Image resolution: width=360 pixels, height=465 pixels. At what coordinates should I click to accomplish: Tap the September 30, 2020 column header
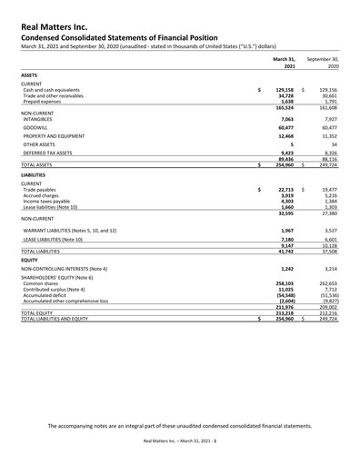[322, 62]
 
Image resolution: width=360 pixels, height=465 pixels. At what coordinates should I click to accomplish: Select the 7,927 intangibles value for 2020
[330, 118]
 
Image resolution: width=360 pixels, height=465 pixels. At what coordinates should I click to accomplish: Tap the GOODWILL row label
[37, 131]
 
